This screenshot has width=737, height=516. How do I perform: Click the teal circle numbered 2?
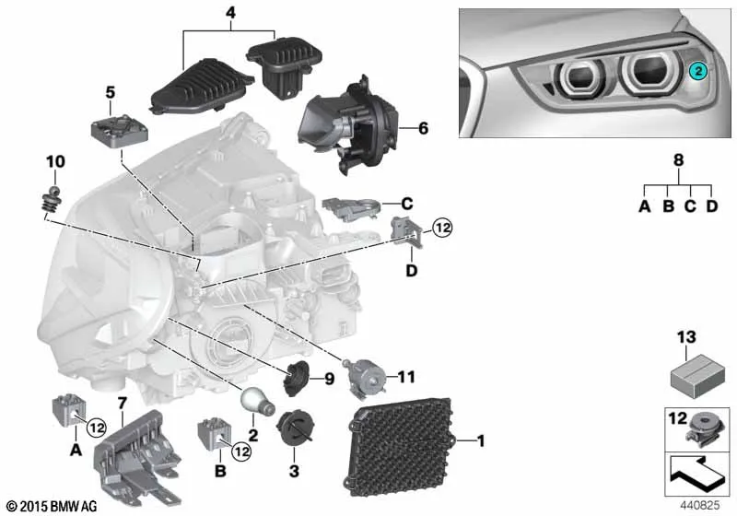698,72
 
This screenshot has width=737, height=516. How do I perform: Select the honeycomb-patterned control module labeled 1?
401,447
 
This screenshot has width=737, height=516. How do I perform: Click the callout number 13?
685,337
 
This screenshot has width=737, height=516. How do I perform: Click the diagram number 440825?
700,505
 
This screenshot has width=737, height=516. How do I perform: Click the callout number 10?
55,161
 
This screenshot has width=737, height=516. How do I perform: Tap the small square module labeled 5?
120,129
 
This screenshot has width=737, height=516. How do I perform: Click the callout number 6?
424,128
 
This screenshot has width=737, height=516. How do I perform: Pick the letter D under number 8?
712,205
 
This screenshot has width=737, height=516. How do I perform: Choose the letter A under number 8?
644,205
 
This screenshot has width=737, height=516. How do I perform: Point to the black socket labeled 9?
297,378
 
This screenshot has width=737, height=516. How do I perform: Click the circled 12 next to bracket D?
442,228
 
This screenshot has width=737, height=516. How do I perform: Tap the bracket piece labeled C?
352,208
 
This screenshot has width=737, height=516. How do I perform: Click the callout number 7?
123,403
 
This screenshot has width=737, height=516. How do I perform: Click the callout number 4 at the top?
231,13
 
